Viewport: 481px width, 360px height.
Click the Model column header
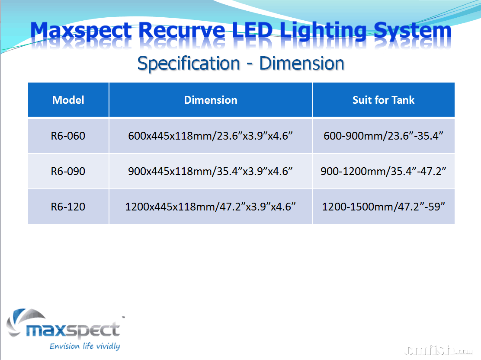point(68,100)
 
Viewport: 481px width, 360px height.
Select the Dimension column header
point(211,100)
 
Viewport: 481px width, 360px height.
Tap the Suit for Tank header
point(383,100)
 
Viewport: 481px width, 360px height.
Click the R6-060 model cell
point(68,136)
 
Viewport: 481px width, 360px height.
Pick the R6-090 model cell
point(68,171)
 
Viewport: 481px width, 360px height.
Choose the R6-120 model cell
point(68,207)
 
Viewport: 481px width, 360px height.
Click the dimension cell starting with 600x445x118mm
point(210,136)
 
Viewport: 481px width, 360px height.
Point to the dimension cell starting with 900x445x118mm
point(210,171)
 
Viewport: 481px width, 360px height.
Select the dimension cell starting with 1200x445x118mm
point(210,207)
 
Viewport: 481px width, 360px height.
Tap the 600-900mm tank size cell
point(383,136)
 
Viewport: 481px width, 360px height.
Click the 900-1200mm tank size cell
point(383,171)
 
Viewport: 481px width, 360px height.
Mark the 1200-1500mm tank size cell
point(383,207)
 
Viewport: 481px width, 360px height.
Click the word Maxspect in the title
point(81,31)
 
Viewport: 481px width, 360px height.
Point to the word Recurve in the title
point(182,31)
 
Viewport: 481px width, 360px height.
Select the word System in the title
point(413,31)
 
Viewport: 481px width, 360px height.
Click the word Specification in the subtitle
point(189,64)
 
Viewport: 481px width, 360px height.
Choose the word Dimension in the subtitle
point(302,63)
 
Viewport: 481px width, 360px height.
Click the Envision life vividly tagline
point(85,346)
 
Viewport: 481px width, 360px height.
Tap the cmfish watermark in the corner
point(439,350)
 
